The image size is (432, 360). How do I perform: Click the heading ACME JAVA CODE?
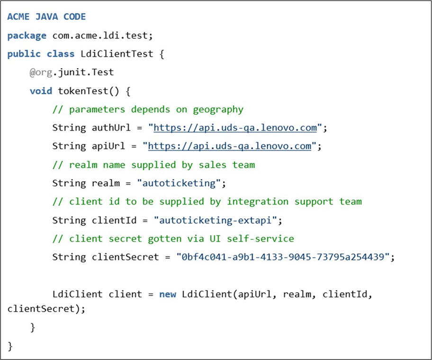tap(46, 17)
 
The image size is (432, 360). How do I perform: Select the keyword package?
tap(27, 36)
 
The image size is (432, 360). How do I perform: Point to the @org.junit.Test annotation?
tap(72, 72)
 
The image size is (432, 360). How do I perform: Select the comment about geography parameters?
tap(148, 109)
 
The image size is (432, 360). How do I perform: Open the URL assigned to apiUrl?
tap(230, 146)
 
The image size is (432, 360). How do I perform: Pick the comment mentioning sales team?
tap(153, 165)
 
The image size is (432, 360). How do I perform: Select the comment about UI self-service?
tap(173, 238)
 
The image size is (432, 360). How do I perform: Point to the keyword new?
tap(168, 294)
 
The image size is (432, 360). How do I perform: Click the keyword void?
tap(41, 90)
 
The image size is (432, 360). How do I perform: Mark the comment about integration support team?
tap(207, 201)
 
